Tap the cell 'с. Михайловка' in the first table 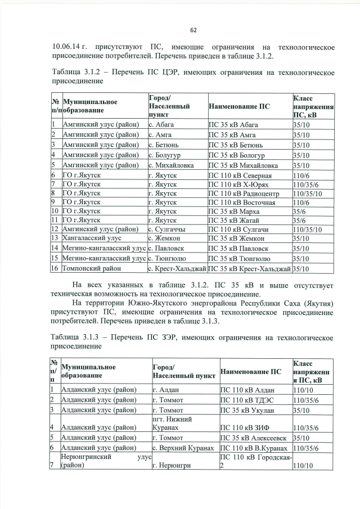[x=171, y=165]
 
